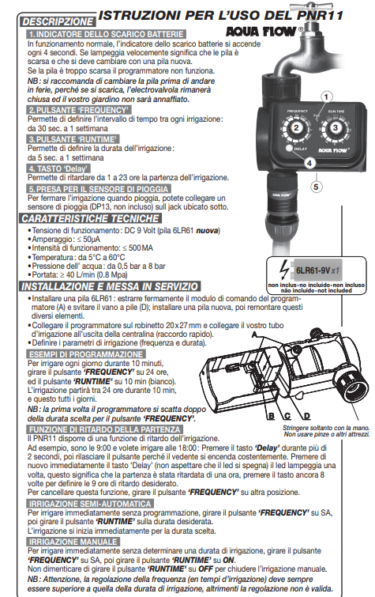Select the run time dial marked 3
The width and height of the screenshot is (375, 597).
coord(335,128)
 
